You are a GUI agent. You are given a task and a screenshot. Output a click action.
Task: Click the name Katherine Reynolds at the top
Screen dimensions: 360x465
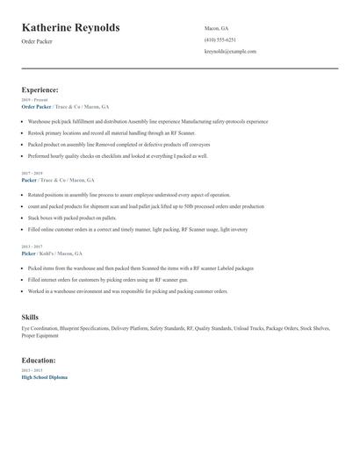[x=70, y=27]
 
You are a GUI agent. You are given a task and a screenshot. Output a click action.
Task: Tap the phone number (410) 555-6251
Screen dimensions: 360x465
[x=220, y=39]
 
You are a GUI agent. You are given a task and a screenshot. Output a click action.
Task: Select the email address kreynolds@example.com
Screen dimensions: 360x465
[x=230, y=51]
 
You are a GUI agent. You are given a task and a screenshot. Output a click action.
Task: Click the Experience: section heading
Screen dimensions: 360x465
[x=40, y=89]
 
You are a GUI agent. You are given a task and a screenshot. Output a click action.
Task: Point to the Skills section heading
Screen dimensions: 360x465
[x=30, y=316]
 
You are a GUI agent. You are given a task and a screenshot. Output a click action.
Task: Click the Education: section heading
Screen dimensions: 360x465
[x=40, y=360]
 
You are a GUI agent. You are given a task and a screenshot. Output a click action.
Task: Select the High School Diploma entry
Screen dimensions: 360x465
[x=44, y=376]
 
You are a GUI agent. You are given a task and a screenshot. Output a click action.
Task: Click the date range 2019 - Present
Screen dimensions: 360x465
[x=33, y=100]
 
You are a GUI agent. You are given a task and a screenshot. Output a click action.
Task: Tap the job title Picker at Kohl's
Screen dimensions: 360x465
[x=28, y=252]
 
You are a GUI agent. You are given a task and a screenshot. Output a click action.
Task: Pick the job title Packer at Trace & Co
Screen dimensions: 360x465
[x=29, y=179]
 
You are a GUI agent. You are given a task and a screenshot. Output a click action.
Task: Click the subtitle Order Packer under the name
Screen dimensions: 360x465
[x=37, y=41]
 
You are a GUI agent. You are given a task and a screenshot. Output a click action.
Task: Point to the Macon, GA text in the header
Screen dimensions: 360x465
[x=216, y=28]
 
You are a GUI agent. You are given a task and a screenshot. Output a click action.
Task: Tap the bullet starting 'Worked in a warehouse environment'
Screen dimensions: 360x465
[x=127, y=290]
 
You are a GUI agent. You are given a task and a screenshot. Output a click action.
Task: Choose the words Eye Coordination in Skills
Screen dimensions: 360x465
[x=40, y=328]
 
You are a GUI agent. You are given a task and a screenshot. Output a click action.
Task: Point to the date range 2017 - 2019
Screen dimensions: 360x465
[x=31, y=173]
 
